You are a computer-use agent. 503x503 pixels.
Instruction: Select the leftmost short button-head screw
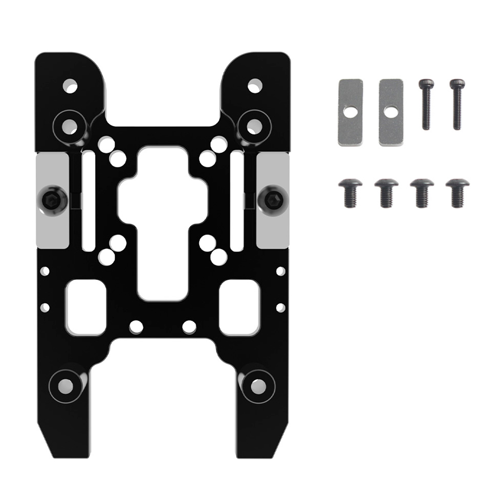(x=350, y=192)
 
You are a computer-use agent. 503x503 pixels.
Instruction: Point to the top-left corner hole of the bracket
(x=70, y=85)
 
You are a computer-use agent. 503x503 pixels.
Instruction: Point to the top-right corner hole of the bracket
(x=255, y=84)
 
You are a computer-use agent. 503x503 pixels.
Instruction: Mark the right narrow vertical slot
(x=235, y=201)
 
